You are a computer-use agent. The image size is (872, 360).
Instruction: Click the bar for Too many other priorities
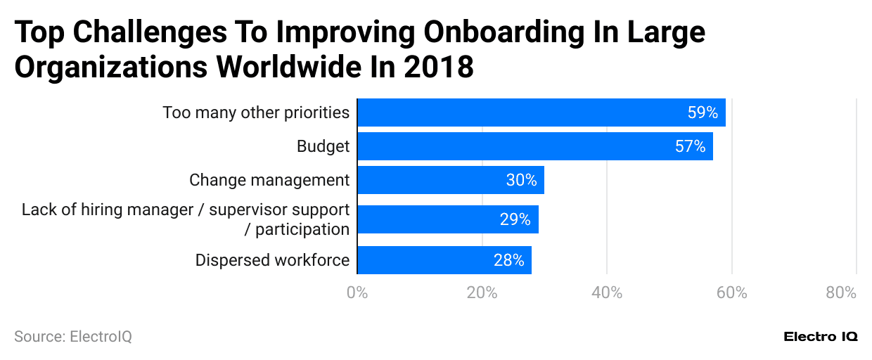[x=541, y=112]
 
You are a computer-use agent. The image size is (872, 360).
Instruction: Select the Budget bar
[x=535, y=146]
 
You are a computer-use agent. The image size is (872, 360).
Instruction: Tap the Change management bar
[x=451, y=180]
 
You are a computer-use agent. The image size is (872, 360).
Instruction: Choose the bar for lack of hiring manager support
[x=448, y=219]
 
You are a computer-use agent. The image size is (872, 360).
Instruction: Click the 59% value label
[x=702, y=112]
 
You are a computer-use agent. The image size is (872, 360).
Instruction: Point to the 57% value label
[x=690, y=146]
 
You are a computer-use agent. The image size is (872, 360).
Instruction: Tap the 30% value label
[x=521, y=180]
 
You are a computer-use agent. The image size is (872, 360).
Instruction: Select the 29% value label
[x=515, y=219]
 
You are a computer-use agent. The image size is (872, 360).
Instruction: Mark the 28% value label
[x=508, y=260]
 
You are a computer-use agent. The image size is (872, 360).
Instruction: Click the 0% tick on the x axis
[x=357, y=292]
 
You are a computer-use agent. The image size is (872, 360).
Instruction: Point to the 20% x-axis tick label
[x=482, y=292]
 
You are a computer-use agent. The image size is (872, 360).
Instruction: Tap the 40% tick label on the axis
[x=607, y=292]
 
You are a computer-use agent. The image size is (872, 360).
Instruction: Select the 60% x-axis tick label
[x=731, y=292]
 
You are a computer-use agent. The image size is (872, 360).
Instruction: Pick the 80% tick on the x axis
[x=841, y=292]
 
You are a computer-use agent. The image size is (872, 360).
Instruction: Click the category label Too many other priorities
[x=256, y=112]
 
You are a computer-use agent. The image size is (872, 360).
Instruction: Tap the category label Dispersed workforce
[x=272, y=260]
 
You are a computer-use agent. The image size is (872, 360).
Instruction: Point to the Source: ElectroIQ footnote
[x=73, y=337]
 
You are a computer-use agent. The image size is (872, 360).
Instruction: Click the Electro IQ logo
[x=821, y=337]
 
